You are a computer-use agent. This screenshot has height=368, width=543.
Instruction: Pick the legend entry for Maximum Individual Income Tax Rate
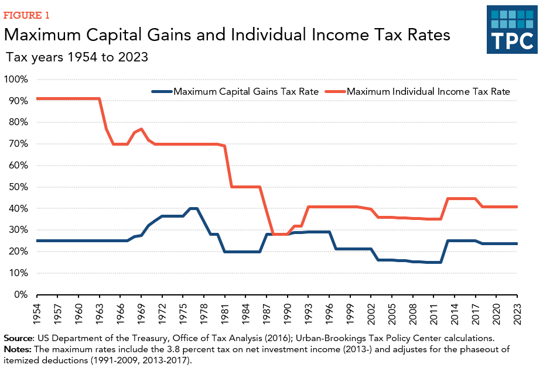[x=428, y=91]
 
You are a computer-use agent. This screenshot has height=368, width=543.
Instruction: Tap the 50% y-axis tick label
[x=18, y=187]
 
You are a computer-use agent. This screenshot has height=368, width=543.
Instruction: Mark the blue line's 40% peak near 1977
[x=194, y=208]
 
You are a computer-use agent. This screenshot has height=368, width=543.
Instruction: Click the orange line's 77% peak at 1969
[x=142, y=129]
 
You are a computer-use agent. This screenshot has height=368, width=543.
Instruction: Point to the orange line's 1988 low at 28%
[x=274, y=234]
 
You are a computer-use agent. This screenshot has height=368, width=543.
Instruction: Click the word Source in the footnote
[x=19, y=339]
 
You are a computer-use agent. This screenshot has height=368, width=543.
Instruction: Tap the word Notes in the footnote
[x=17, y=349]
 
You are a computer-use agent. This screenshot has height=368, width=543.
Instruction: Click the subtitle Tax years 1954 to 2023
[x=76, y=57]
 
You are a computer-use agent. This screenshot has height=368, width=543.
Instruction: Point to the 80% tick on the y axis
[x=18, y=122]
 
